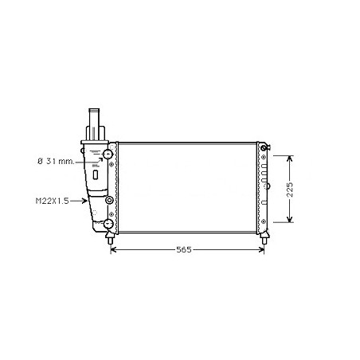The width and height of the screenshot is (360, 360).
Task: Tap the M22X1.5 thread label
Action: point(51,202)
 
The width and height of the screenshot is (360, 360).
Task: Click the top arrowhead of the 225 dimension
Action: point(290,155)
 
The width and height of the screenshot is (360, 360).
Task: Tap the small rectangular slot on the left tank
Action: point(96,171)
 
